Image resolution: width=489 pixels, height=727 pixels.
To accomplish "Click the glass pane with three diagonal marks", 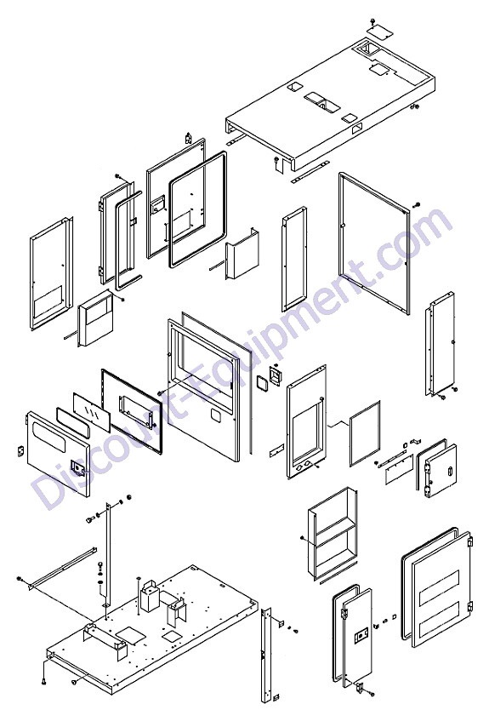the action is pyautogui.click(x=91, y=409).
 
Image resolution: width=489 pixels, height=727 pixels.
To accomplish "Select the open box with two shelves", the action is pyautogui.click(x=333, y=532).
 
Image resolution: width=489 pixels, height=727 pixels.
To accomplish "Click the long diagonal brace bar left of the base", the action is pyautogui.click(x=62, y=567).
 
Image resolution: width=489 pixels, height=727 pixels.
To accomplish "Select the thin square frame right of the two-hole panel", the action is pyautogui.click(x=365, y=433).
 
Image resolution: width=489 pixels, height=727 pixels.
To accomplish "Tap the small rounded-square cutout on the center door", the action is pyautogui.click(x=215, y=414).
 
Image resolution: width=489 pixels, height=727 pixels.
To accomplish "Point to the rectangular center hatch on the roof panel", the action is pyautogui.click(x=320, y=101).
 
